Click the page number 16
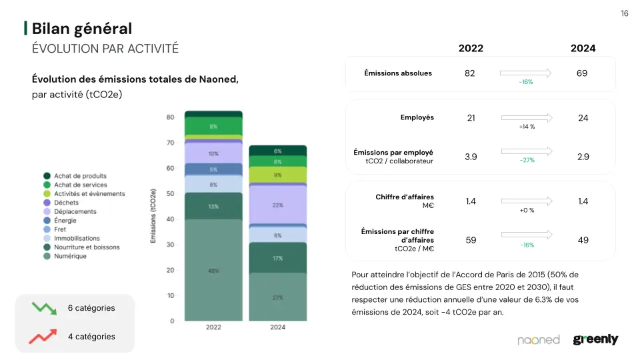(x=624, y=13)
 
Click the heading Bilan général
(x=82, y=29)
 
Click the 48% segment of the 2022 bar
(x=213, y=271)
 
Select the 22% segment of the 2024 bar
(x=277, y=205)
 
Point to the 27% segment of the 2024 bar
(x=277, y=297)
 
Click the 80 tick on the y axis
(x=171, y=117)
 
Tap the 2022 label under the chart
(x=213, y=328)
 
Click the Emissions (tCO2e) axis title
(x=154, y=215)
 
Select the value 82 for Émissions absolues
(x=470, y=73)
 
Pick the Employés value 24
(x=583, y=118)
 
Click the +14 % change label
(x=527, y=127)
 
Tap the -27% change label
(x=527, y=161)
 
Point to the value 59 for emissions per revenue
(x=471, y=240)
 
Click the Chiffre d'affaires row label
(x=405, y=197)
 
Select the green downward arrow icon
(x=44, y=308)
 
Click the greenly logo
(x=595, y=340)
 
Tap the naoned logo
(x=539, y=340)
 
